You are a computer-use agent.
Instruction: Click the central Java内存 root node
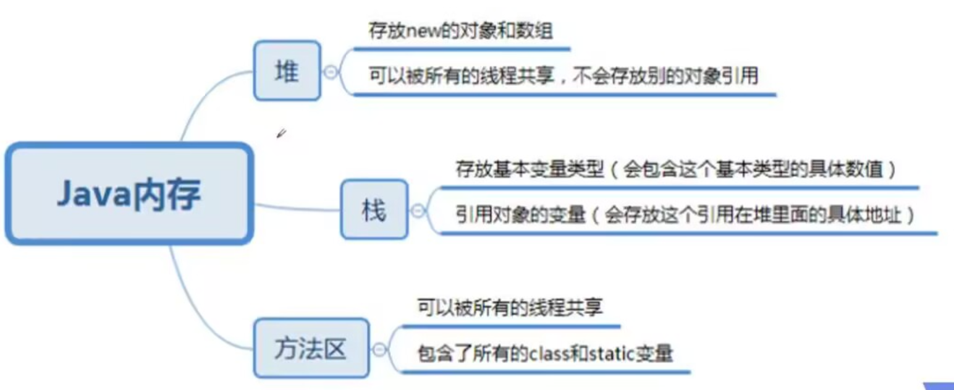pyautogui.click(x=129, y=194)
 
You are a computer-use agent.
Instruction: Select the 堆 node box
pyautogui.click(x=287, y=71)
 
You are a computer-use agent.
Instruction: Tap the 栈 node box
pyautogui.click(x=374, y=210)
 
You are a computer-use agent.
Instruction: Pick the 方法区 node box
pyautogui.click(x=311, y=349)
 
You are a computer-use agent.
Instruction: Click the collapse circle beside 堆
pyautogui.click(x=331, y=72)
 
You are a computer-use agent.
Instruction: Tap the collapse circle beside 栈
pyautogui.click(x=418, y=211)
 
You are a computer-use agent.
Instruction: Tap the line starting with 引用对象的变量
pyautogui.click(x=686, y=215)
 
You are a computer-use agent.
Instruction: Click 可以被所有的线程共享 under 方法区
pyautogui.click(x=509, y=307)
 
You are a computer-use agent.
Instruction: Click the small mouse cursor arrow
pyautogui.click(x=281, y=134)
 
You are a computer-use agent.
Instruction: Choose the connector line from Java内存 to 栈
pyautogui.click(x=297, y=208)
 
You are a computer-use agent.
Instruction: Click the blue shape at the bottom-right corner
pyautogui.click(x=939, y=386)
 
